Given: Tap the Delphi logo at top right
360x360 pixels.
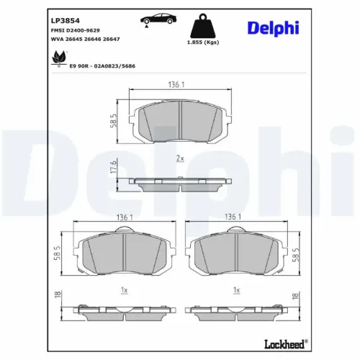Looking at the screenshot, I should click(285, 27).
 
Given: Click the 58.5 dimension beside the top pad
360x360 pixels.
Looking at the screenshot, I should click(114, 120).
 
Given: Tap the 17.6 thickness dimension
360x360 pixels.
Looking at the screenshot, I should click(113, 170).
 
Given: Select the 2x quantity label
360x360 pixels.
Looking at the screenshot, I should click(180, 158).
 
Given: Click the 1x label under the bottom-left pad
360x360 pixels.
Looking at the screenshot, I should click(125, 289).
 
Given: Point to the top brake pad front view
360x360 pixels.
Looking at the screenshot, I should click(179, 119).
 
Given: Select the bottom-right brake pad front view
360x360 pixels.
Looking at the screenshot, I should click(233, 254).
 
